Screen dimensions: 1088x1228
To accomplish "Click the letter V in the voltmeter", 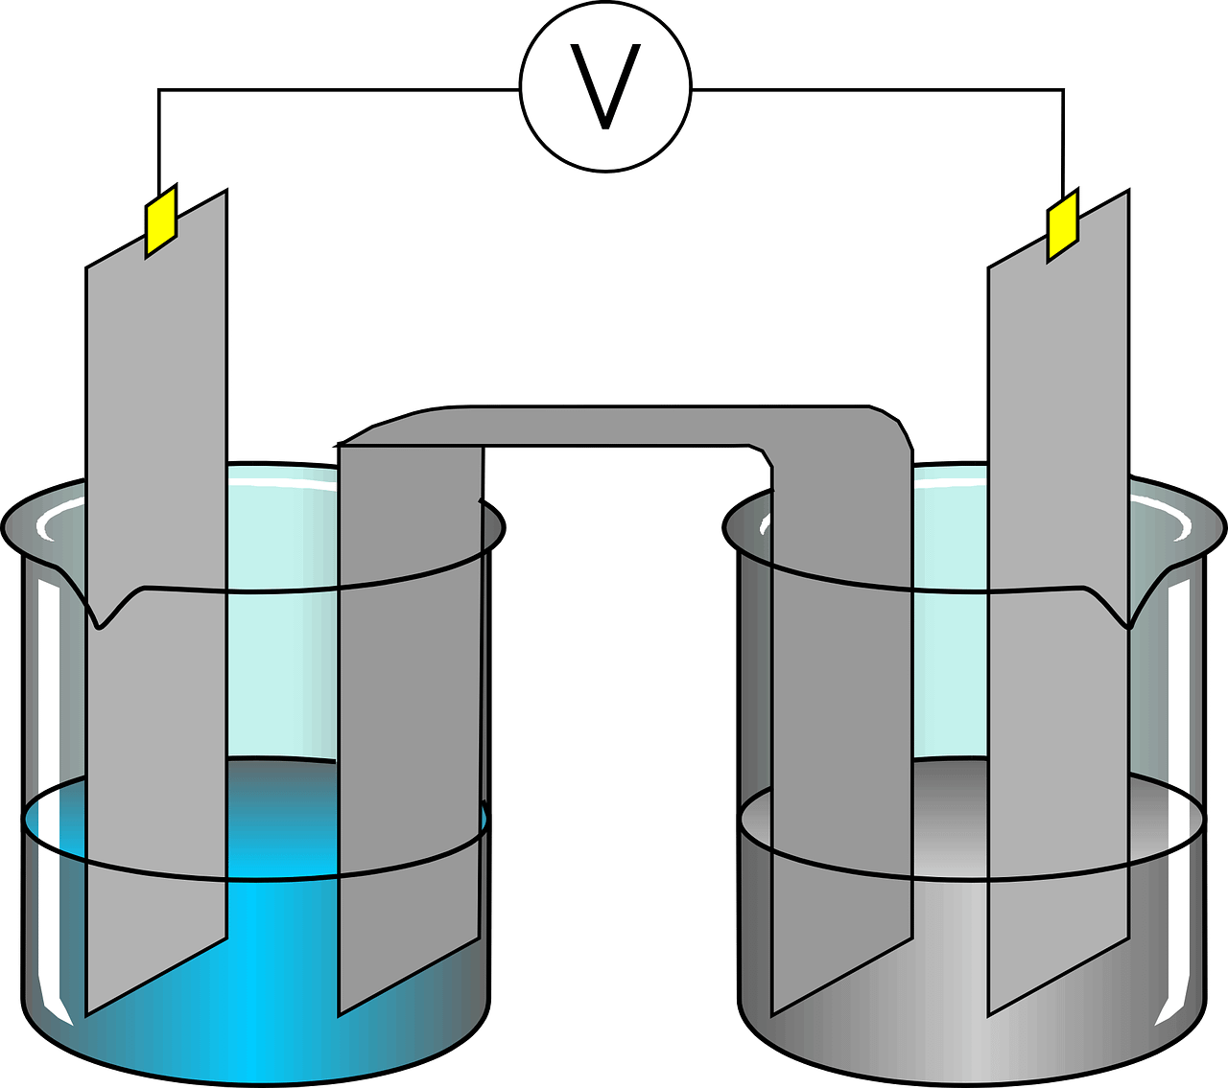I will coord(605,88).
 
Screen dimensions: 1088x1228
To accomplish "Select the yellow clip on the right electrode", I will coord(1062,226).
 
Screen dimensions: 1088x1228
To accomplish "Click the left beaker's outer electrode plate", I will coord(156,479).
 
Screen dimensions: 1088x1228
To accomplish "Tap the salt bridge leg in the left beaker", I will coord(410,671).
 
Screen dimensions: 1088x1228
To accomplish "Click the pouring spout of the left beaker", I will coord(99,618).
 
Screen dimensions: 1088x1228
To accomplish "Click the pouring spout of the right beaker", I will coord(1130,618).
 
